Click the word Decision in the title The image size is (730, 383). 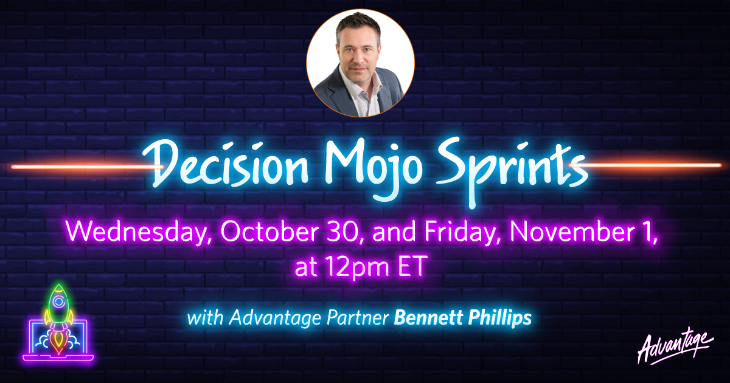pos(225,165)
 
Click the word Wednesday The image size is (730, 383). pos(137,232)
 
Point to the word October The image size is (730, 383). pos(269,232)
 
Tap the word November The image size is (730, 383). pos(572,232)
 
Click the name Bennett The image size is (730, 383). pos(428,317)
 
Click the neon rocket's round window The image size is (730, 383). pos(58,302)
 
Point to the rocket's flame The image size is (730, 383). pos(58,342)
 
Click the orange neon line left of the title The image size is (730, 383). pos(86,167)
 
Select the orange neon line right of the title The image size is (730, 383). pos(645,165)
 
